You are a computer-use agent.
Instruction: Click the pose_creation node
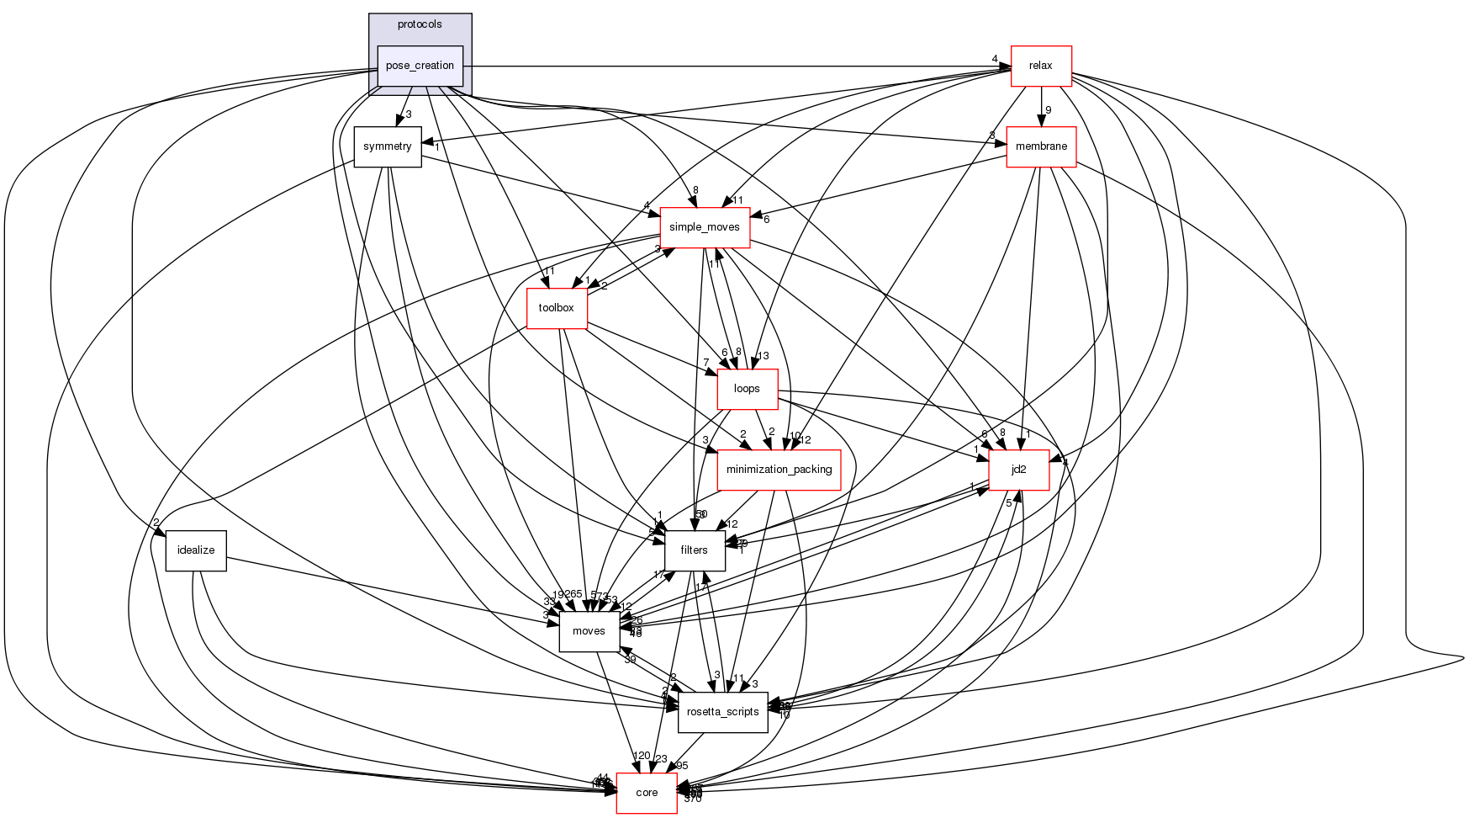[420, 66]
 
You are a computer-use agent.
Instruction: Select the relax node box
[1040, 66]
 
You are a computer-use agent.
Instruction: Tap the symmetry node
[387, 146]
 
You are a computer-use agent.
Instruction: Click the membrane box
[1041, 146]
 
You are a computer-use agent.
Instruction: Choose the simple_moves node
[704, 227]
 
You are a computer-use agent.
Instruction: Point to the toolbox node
[556, 308]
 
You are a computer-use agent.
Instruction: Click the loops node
[747, 389]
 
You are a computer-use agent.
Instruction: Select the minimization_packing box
[779, 470]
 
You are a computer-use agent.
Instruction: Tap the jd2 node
[1018, 470]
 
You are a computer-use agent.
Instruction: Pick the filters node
[695, 550]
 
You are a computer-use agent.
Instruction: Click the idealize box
[196, 550]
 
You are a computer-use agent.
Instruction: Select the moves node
[589, 631]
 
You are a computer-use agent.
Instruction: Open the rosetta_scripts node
[722, 712]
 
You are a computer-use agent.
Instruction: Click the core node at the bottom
[647, 793]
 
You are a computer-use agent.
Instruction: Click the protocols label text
[420, 24]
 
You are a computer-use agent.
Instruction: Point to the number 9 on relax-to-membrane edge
[1048, 110]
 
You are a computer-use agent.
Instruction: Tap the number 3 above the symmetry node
[408, 114]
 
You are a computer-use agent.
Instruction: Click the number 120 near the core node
[642, 756]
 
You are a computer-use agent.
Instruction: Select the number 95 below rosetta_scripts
[681, 766]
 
